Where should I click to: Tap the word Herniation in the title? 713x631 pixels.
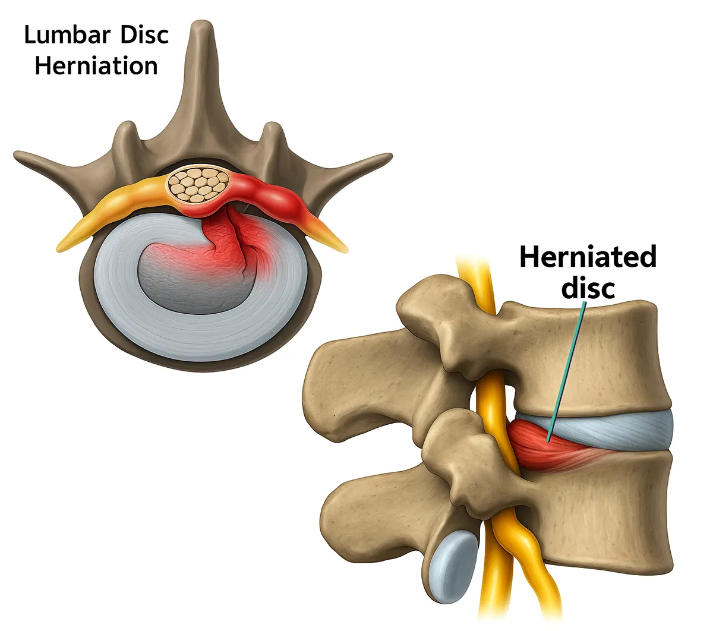click(96, 65)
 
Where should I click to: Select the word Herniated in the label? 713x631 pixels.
click(588, 257)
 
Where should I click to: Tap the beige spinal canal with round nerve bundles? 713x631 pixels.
click(193, 184)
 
